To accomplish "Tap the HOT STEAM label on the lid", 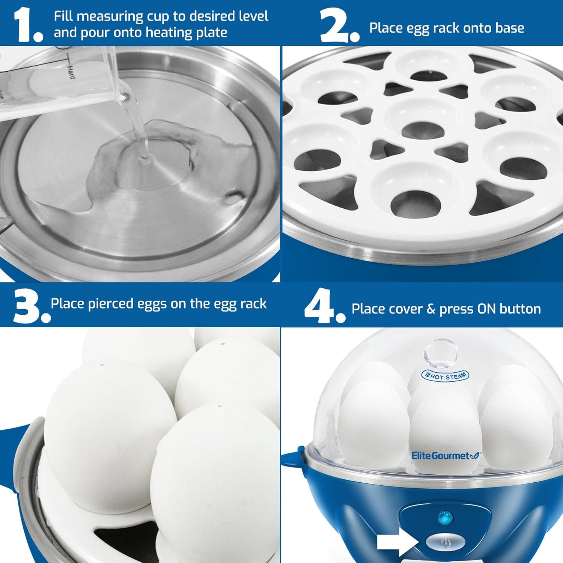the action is (446, 376).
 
